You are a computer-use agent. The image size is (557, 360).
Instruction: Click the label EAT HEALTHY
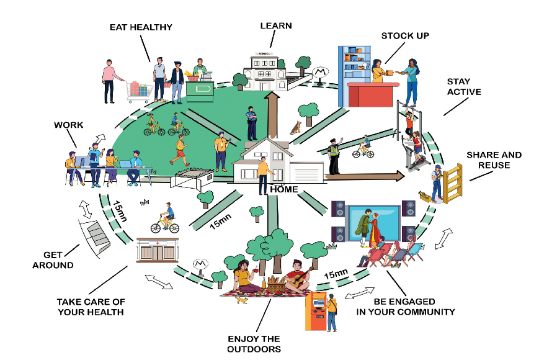[x=141, y=27]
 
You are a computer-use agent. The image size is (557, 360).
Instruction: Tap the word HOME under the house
[x=283, y=189]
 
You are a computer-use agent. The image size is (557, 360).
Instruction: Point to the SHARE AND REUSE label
[x=494, y=160]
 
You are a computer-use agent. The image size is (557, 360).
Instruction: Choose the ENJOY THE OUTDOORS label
[x=254, y=344]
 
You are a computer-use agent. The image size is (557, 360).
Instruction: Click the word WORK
[x=68, y=125]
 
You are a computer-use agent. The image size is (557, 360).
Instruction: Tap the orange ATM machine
[x=316, y=310]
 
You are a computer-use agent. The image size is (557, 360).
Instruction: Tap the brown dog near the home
[x=296, y=127]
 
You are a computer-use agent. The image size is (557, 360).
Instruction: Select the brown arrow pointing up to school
[x=271, y=115]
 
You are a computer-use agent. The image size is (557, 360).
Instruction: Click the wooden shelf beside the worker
[x=453, y=182]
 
